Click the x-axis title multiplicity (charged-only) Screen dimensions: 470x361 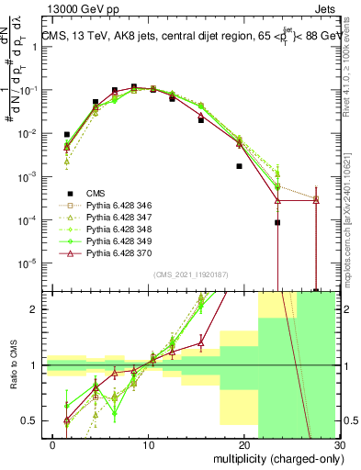[x=276, y=458]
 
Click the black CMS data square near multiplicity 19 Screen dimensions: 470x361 [x=239, y=166]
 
